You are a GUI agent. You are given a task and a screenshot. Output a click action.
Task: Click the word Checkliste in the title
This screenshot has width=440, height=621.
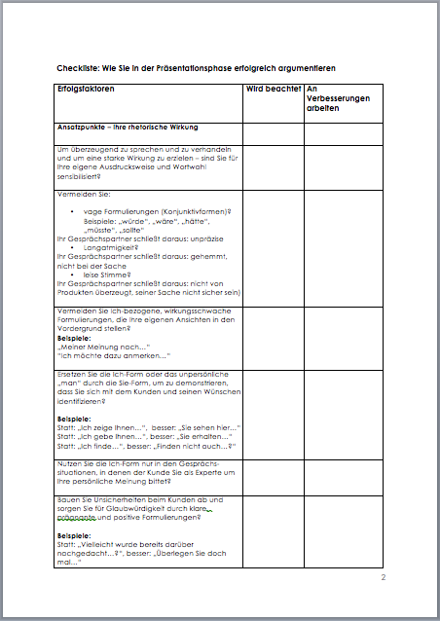(x=79, y=68)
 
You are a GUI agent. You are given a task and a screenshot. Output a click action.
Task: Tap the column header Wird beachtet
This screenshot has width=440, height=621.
(x=273, y=90)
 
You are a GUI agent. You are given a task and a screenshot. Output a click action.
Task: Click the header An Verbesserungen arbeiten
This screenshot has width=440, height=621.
(x=336, y=100)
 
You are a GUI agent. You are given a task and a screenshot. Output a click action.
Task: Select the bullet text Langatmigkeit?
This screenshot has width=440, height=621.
(x=110, y=248)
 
